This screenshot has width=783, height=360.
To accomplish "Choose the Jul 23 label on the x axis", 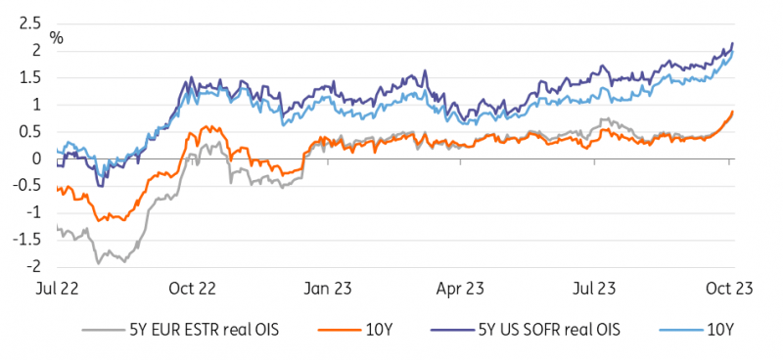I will pos(593,290).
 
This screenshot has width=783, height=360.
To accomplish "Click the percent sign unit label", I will pos(58,39).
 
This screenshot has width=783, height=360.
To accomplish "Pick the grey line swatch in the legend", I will pos(107,330).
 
